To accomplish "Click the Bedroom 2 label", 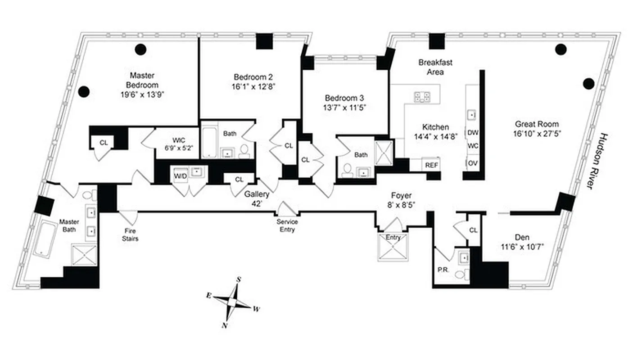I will point(253,76).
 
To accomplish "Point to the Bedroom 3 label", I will point(344,98).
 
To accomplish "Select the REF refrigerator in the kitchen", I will point(431,165).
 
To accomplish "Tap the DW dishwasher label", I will point(473,133).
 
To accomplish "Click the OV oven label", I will point(473,163).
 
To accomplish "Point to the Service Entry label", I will point(287,226).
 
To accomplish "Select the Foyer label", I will point(401,196).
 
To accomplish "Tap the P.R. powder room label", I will point(442,270).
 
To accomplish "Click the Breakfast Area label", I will point(435,67).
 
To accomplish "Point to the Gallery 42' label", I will point(257,198).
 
